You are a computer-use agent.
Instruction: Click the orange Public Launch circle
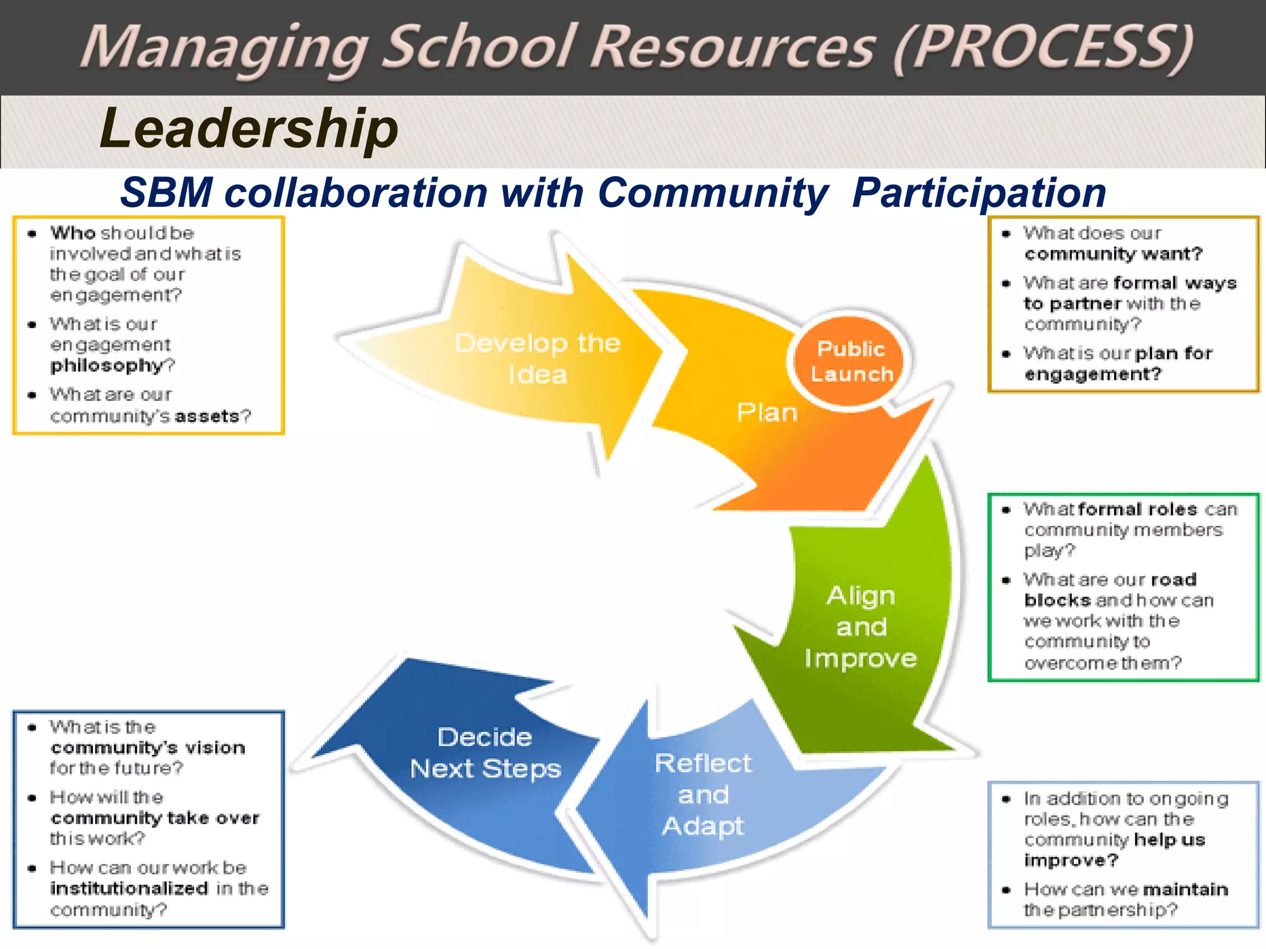click(x=851, y=361)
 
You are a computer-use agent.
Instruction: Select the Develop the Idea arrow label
click(x=537, y=359)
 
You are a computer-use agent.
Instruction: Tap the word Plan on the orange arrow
click(x=767, y=413)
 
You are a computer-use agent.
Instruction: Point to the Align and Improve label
click(x=860, y=627)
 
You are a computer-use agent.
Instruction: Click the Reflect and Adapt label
click(x=703, y=795)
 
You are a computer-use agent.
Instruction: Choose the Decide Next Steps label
click(x=485, y=753)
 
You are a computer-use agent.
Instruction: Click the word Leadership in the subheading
click(x=249, y=129)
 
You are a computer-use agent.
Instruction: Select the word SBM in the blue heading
click(x=166, y=193)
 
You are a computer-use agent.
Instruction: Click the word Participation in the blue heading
click(x=979, y=193)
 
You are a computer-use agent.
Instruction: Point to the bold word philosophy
click(x=106, y=366)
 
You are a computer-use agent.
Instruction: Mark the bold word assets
click(x=206, y=416)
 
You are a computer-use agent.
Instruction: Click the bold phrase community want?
click(x=1113, y=254)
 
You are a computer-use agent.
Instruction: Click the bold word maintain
click(x=1186, y=889)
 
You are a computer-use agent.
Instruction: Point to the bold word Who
click(x=73, y=233)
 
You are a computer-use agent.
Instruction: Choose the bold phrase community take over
click(x=155, y=818)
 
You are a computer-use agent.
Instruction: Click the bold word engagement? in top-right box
click(x=1093, y=374)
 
